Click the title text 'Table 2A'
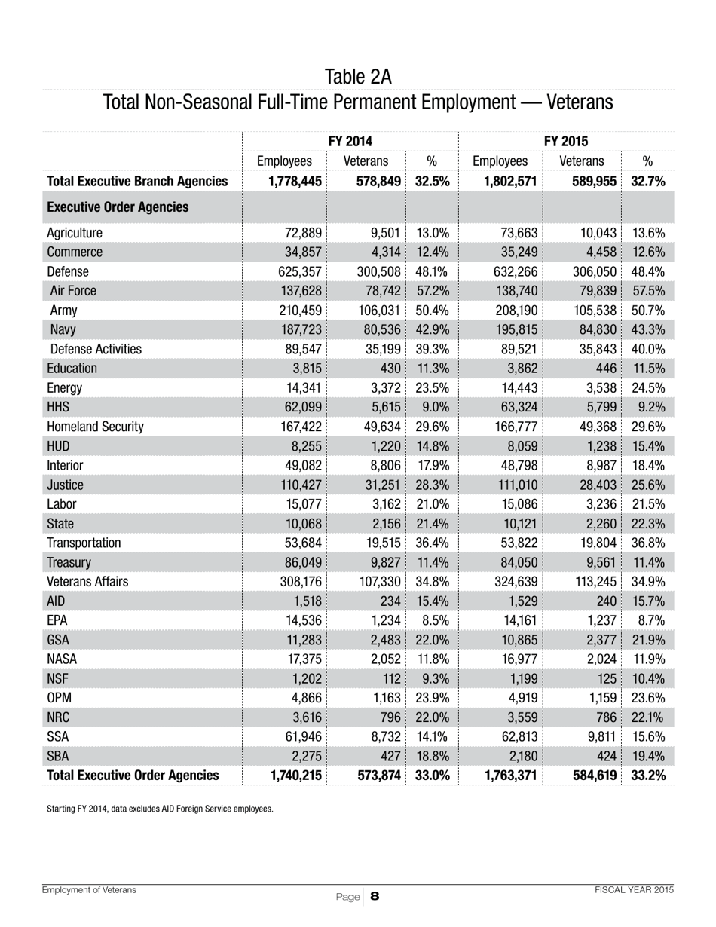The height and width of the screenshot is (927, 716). tap(357, 76)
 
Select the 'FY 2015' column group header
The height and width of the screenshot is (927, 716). tap(566, 141)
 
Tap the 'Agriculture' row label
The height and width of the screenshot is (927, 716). tap(75, 233)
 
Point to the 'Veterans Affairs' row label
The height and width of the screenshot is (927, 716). tap(87, 581)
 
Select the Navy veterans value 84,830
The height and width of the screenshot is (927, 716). tap(591, 329)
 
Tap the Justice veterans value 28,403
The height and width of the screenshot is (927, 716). tap(591, 485)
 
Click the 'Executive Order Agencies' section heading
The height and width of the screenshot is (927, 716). tap(118, 207)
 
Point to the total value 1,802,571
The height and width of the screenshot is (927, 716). tap(505, 181)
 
